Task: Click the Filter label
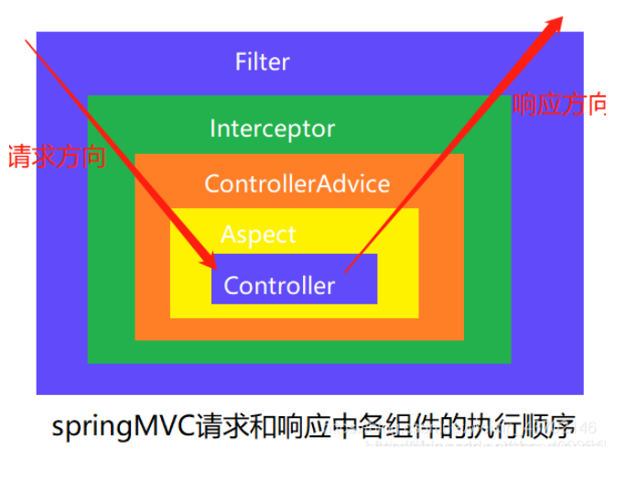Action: pos(263,62)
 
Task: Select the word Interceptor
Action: pos(273,128)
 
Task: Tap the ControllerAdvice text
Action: pos(297,183)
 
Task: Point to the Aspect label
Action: pos(259,235)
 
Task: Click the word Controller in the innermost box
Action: pos(279,286)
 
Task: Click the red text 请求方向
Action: pos(56,157)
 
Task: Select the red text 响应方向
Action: pos(558,104)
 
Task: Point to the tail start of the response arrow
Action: pos(345,272)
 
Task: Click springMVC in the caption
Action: pos(124,427)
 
